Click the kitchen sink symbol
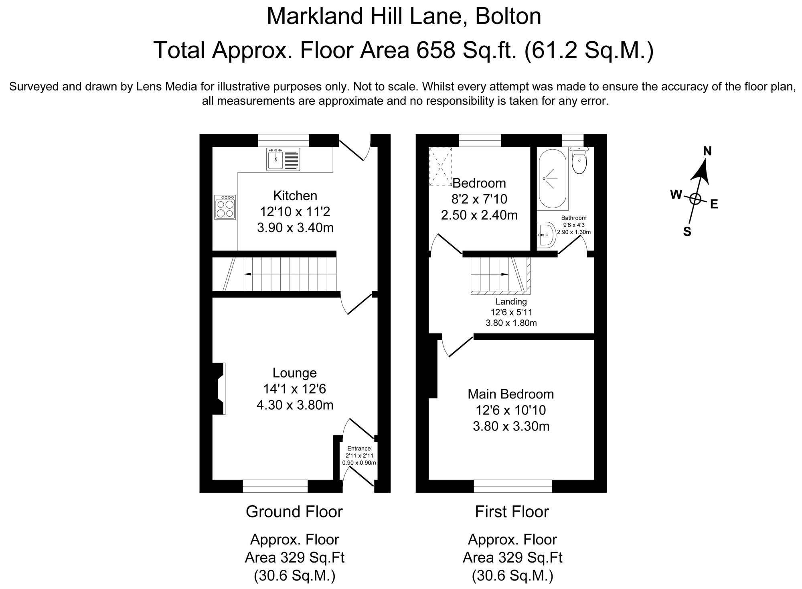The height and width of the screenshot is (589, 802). point(283,159)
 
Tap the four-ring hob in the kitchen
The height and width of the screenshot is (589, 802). point(225,207)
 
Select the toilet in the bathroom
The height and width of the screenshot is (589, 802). point(579,161)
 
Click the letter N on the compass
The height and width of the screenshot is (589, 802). point(707,151)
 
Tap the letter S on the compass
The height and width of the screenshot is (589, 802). point(687,232)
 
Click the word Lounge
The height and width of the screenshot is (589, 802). point(294,373)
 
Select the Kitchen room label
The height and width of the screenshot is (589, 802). point(295,196)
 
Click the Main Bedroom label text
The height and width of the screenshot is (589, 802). point(510,394)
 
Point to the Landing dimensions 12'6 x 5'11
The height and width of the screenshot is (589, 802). point(511,312)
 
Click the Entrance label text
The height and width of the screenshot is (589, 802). point(359,449)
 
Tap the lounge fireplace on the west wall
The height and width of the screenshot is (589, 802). point(219,388)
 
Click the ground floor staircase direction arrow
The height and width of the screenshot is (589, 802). point(248,274)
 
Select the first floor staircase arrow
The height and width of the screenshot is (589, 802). point(504,274)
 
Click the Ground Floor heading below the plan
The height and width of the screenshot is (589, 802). point(294,512)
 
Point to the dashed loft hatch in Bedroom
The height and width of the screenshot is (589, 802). point(441,167)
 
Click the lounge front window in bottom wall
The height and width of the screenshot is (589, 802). point(275,486)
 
